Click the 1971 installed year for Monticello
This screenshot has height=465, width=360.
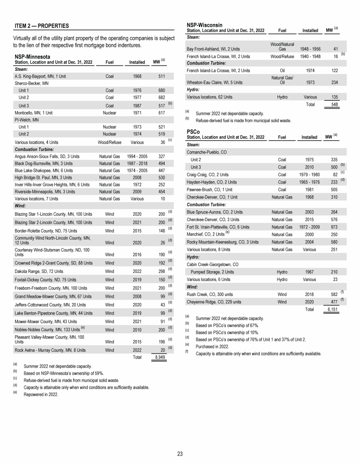point(137,113)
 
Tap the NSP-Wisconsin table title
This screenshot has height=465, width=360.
point(204,24)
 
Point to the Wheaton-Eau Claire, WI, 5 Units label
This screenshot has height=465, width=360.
point(214,82)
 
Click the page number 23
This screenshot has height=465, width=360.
point(180,453)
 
